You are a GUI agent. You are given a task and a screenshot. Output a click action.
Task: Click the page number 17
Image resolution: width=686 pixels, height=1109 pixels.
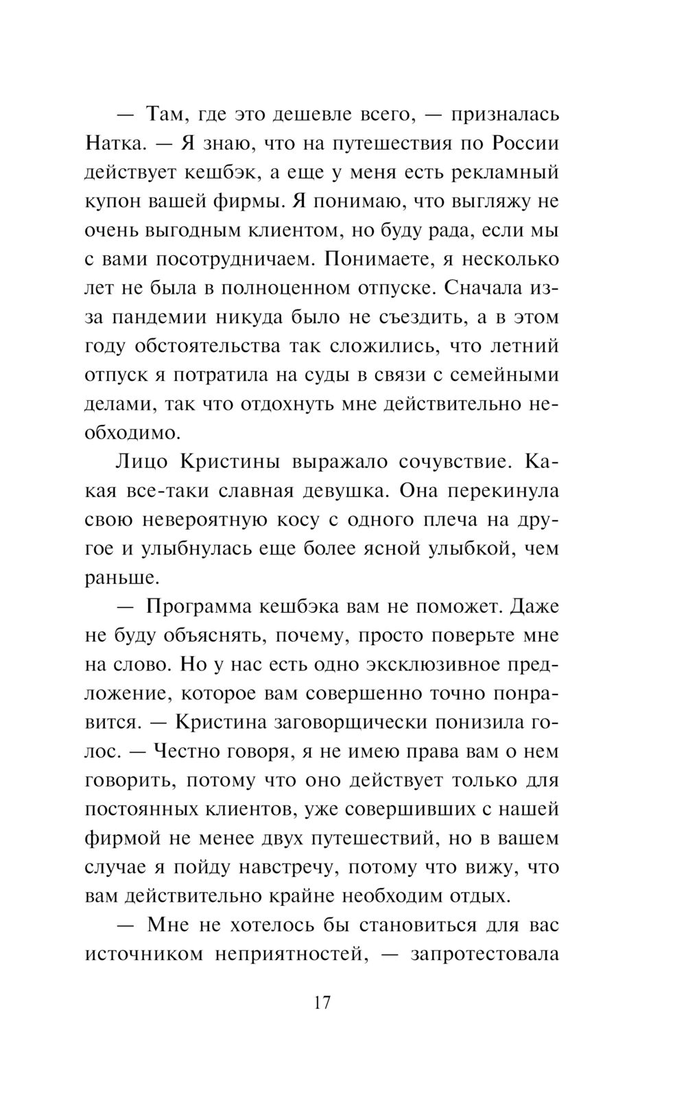click(322, 1003)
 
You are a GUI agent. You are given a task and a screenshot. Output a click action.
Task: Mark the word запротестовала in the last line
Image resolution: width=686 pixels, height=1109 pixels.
click(484, 954)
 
